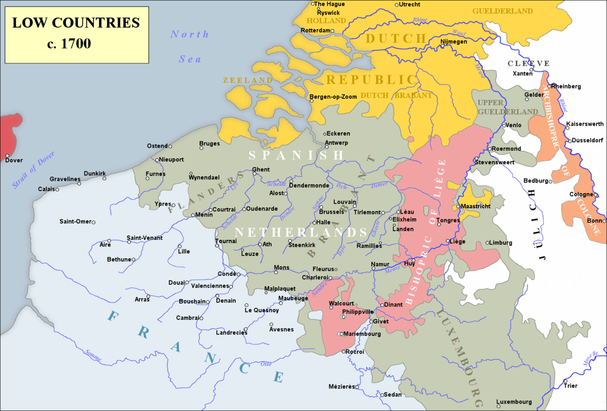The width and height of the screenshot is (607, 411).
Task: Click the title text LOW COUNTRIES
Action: click(x=76, y=23)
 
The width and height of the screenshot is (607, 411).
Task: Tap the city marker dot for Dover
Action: click(x=8, y=155)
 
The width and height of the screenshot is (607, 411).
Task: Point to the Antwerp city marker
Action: click(x=327, y=147)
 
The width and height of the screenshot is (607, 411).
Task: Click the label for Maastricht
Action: click(x=475, y=206)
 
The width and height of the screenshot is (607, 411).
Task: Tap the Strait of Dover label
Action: click(x=34, y=170)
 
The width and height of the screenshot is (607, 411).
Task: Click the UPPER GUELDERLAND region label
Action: click(x=507, y=107)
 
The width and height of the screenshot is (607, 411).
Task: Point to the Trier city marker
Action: click(x=565, y=381)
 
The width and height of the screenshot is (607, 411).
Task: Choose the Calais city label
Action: click(x=46, y=189)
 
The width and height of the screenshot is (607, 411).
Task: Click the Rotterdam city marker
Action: click(x=332, y=31)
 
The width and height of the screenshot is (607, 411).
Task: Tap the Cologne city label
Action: click(x=581, y=195)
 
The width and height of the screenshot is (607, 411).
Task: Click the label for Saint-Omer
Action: click(x=75, y=222)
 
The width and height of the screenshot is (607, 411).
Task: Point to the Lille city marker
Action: click(x=180, y=246)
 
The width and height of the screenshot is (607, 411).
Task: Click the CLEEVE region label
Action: click(x=529, y=64)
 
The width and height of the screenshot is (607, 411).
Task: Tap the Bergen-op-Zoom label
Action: click(x=333, y=97)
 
